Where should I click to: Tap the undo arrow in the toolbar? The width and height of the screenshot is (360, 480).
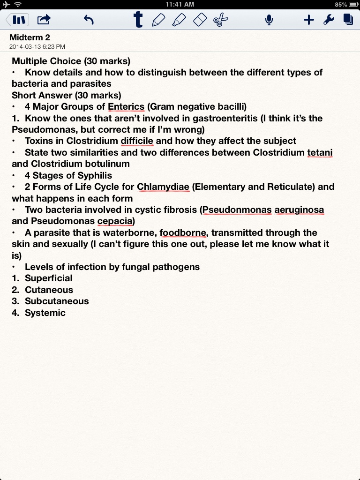pyautogui.click(x=89, y=20)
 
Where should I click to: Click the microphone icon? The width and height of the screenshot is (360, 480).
pyautogui.click(x=269, y=20)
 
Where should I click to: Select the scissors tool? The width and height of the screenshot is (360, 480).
pyautogui.click(x=220, y=20)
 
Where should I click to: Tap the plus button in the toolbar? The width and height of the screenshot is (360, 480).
pyautogui.click(x=308, y=20)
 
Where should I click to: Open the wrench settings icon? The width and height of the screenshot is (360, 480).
pyautogui.click(x=329, y=20)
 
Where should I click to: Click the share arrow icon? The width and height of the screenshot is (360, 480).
pyautogui.click(x=44, y=20)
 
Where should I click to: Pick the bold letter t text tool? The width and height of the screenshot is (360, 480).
pyautogui.click(x=138, y=20)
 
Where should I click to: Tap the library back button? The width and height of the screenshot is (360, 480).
pyautogui.click(x=17, y=20)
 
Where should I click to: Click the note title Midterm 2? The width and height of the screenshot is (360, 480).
pyautogui.click(x=30, y=37)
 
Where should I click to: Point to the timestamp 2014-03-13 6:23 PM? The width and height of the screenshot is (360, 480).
pyautogui.click(x=37, y=46)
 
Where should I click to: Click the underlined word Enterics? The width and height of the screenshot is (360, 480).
pyautogui.click(x=126, y=106)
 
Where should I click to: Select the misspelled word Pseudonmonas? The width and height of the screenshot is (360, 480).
pyautogui.click(x=237, y=210)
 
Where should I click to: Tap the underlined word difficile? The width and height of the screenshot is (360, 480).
pyautogui.click(x=137, y=141)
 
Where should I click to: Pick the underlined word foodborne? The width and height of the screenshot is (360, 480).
pyautogui.click(x=182, y=232)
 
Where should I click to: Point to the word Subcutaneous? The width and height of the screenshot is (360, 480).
pyautogui.click(x=57, y=301)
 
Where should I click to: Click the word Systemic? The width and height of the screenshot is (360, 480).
pyautogui.click(x=45, y=313)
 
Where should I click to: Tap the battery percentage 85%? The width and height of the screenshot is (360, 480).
pyautogui.click(x=341, y=5)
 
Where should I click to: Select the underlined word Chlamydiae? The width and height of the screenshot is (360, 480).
pyautogui.click(x=163, y=187)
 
